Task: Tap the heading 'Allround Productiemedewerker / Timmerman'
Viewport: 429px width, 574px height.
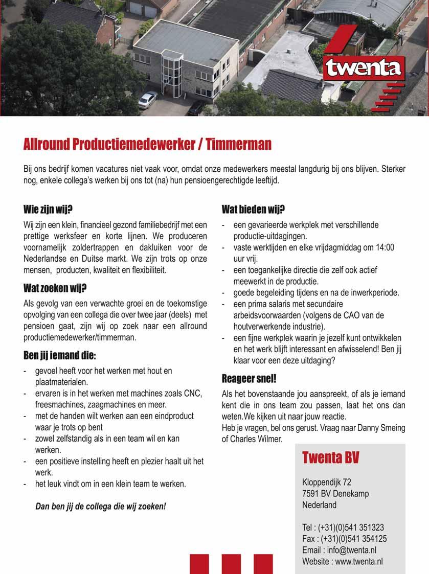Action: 147,145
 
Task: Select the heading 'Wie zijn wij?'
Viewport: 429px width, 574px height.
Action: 48,210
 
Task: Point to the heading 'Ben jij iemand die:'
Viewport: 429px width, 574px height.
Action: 60,355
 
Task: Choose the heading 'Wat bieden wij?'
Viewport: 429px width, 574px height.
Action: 253,209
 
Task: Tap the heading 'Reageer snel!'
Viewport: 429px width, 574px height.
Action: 249,379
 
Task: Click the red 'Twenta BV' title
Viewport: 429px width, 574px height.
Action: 330,457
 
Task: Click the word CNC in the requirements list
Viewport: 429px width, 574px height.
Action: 193,393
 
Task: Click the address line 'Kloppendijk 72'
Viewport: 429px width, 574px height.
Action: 326,482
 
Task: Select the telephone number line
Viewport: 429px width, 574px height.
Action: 343,527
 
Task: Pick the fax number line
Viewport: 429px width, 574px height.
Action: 344,539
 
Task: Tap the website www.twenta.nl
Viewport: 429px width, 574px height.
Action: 359,561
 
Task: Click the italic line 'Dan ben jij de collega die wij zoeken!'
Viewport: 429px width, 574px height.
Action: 101,507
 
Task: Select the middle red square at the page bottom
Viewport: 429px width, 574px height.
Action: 231,564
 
